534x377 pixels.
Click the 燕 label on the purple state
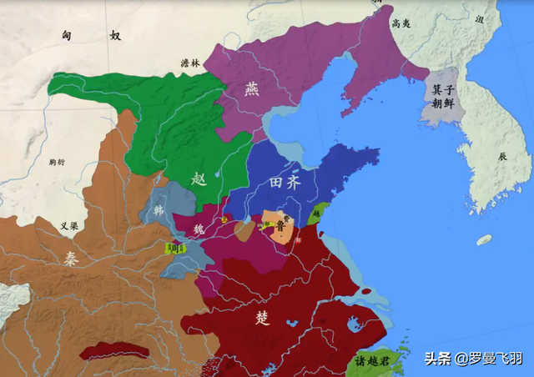point(252,88)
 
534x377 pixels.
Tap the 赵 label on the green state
point(198,179)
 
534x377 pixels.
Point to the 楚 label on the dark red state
point(264,318)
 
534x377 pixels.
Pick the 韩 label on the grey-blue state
point(158,209)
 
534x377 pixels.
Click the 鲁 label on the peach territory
point(279,225)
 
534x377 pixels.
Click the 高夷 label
point(401,24)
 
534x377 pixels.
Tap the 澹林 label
point(190,63)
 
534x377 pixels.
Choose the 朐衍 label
point(58,162)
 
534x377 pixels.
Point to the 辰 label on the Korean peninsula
point(501,156)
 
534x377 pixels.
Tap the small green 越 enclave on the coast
point(316,215)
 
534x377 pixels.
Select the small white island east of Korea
point(484,240)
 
